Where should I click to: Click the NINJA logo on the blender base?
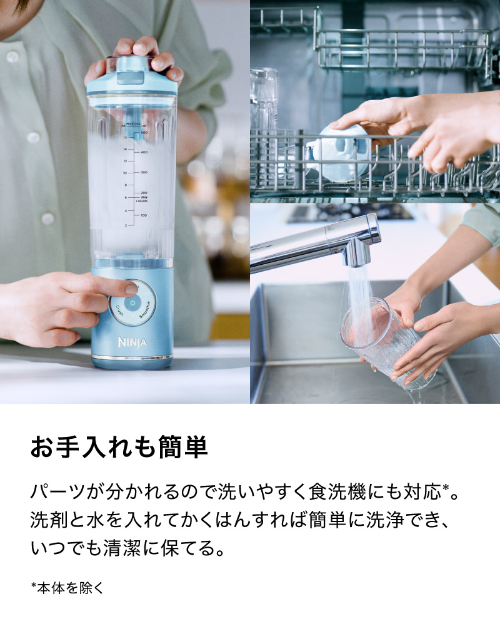tap(132, 342)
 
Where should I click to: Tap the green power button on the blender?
tap(132, 303)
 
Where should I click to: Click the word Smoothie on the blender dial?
tap(145, 309)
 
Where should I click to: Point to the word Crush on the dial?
tap(119, 310)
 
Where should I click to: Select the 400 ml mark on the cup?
tap(144, 152)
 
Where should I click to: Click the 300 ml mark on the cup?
tap(144, 172)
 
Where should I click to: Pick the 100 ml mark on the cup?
tap(144, 215)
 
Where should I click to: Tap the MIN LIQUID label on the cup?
tap(142, 199)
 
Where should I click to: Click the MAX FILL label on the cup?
tap(132, 124)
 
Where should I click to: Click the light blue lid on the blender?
tap(132, 76)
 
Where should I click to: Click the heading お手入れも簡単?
tap(119, 447)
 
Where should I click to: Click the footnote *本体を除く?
tap(67, 588)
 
